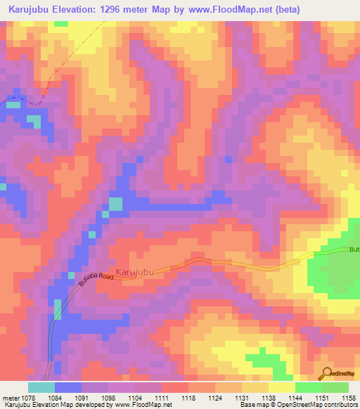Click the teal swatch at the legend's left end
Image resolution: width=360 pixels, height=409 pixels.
tap(41, 387)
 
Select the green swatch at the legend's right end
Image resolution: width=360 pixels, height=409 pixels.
tap(335, 387)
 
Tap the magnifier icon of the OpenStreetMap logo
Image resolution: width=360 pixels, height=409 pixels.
tap(325, 374)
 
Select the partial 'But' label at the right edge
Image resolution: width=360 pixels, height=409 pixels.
tap(354, 250)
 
